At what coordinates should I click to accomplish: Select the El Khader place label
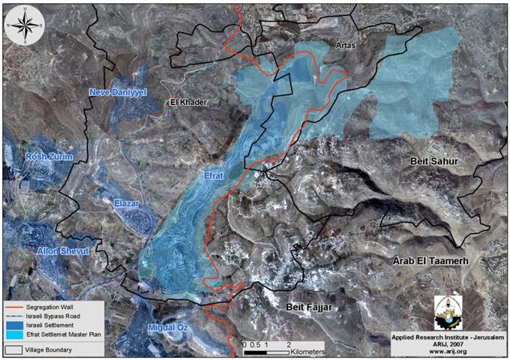tap(188, 102)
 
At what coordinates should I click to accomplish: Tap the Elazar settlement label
tap(130, 202)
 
